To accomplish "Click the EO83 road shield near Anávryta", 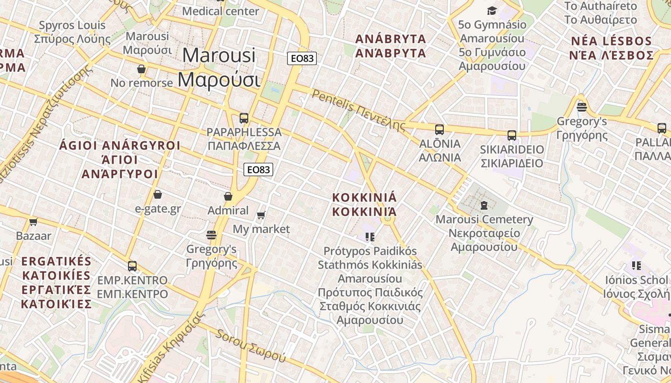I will point(301,58).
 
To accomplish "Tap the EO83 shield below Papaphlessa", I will point(258,169).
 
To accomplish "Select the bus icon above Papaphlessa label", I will point(243,118).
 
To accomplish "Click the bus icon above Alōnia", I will point(439,129).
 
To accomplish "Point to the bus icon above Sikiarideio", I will point(512,135).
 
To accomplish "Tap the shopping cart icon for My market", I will point(261,215).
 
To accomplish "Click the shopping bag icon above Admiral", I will point(228,196).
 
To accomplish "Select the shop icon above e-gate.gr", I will point(157,194).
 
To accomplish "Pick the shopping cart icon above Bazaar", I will point(33,222).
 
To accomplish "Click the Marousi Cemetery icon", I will point(484,205).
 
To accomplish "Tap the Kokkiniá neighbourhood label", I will point(365,204).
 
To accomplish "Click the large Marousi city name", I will point(219,67).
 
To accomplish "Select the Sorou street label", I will point(251,346).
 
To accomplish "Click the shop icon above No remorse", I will point(141,69).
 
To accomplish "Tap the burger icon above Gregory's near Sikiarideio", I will point(582,107).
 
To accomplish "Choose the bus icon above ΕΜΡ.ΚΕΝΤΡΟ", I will point(132,266).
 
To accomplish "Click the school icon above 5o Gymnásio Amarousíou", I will point(492,11).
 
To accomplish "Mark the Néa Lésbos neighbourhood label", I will point(611,48).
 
